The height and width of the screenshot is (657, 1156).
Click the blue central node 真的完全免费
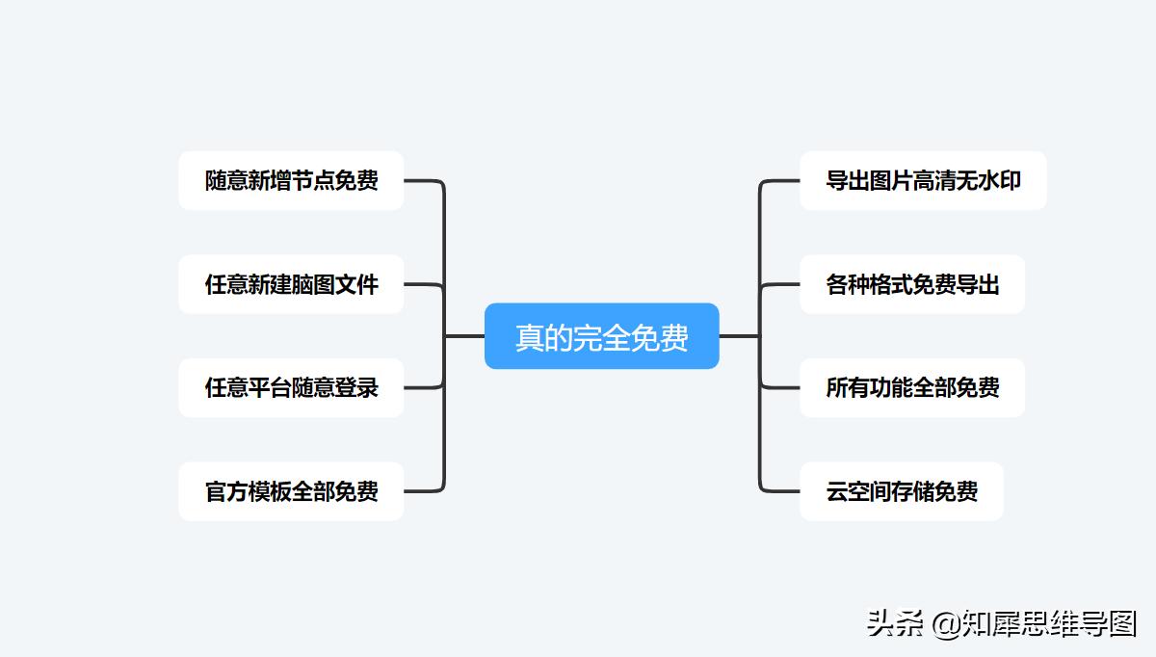pos(601,336)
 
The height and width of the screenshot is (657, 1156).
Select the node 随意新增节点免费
pos(291,180)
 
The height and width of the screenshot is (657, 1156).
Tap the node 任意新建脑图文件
pos(291,284)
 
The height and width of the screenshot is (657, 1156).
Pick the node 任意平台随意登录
pos(291,387)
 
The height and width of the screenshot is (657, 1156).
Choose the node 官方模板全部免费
pos(291,491)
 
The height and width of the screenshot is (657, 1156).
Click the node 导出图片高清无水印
pos(922,180)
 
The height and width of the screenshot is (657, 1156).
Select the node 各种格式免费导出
pos(911,284)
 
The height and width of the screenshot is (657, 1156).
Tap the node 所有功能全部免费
pos(911,387)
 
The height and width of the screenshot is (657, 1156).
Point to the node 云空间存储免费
pos(901,491)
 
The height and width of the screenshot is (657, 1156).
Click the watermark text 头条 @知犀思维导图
pos(1001,623)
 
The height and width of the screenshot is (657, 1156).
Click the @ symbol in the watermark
pos(947,624)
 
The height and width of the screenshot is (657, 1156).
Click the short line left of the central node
pos(464,336)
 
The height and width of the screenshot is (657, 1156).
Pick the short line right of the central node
pos(739,336)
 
